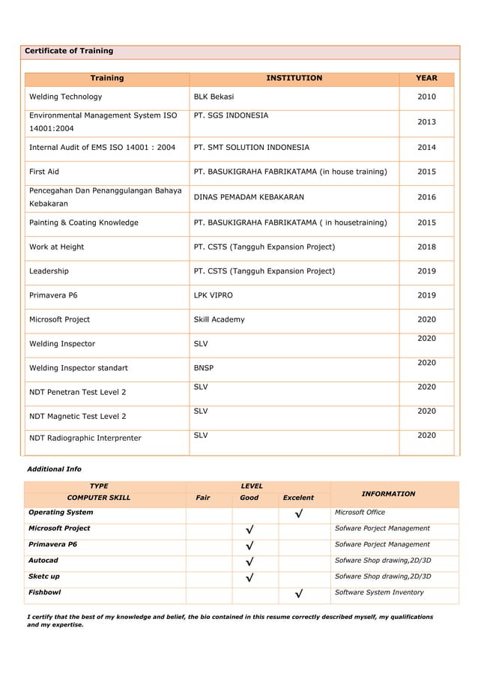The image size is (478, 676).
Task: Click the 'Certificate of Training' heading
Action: click(x=69, y=51)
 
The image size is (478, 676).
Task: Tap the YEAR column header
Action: click(x=426, y=78)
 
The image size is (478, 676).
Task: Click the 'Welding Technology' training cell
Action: click(x=65, y=97)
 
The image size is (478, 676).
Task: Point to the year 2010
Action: click(x=426, y=97)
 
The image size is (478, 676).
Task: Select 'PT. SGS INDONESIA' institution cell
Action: click(x=231, y=115)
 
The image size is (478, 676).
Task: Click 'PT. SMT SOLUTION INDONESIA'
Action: click(x=251, y=148)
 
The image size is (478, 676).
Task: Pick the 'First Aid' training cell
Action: click(x=43, y=172)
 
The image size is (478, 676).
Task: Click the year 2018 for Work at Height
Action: click(x=426, y=247)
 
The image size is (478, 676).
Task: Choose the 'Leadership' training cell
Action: click(x=49, y=271)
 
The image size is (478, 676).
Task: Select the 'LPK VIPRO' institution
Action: click(x=213, y=295)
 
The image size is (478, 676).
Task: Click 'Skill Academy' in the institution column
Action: click(x=219, y=319)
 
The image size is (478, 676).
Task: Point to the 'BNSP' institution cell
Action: click(x=204, y=368)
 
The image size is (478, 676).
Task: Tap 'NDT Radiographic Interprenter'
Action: click(x=85, y=438)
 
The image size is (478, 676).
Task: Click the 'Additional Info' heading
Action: click(x=54, y=469)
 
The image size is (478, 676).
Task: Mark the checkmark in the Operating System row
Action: click(x=299, y=513)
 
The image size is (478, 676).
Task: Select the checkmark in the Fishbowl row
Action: click(x=299, y=594)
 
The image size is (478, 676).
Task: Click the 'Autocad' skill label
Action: click(x=43, y=561)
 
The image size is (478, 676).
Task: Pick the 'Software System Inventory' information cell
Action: click(x=378, y=593)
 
